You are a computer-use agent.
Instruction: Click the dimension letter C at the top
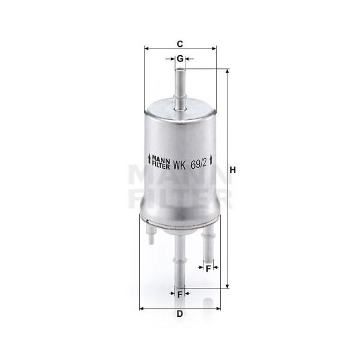(x=180, y=44)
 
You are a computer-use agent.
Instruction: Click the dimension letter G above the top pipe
(x=180, y=59)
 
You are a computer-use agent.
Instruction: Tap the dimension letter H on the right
(x=233, y=170)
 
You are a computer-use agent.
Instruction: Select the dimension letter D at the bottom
(x=180, y=313)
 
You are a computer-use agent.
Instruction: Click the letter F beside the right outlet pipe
(x=208, y=269)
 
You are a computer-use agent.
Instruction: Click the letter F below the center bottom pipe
(x=180, y=295)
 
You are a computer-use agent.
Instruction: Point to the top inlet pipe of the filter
(x=180, y=90)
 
